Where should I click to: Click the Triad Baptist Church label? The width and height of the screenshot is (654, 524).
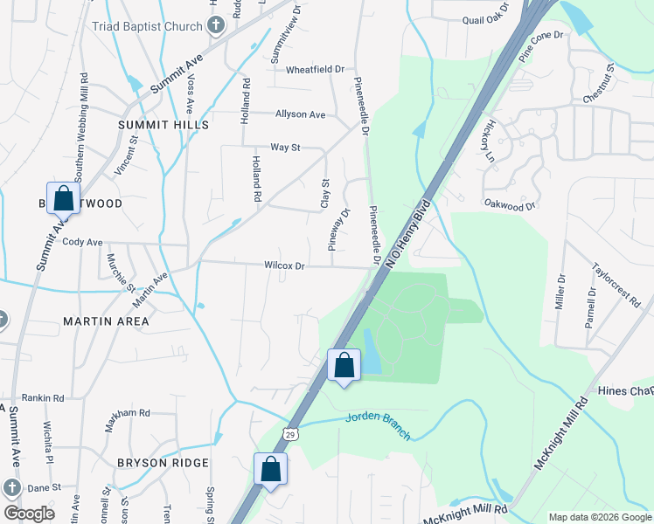point(147,26)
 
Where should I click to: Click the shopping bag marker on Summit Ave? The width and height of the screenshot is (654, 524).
point(64,199)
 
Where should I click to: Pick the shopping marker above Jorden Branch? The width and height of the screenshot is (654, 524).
point(344,366)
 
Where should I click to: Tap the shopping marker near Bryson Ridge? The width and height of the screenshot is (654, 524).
point(271,470)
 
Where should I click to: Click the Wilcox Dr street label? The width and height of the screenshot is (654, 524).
point(284,265)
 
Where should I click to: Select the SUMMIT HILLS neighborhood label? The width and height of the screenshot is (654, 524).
point(163,125)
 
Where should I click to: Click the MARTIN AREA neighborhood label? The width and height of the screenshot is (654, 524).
point(106,321)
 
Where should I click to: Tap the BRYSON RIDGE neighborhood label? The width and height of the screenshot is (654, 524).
point(163,463)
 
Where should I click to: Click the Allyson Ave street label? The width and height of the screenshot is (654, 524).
point(300,114)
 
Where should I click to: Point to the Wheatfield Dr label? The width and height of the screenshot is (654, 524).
point(316,69)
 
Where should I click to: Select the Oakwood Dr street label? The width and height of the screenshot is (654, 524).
point(509,206)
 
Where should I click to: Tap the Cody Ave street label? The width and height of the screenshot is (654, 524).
point(83,242)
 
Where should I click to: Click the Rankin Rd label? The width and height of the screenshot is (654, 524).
point(43,398)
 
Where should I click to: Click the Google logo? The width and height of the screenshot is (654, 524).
point(29,513)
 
